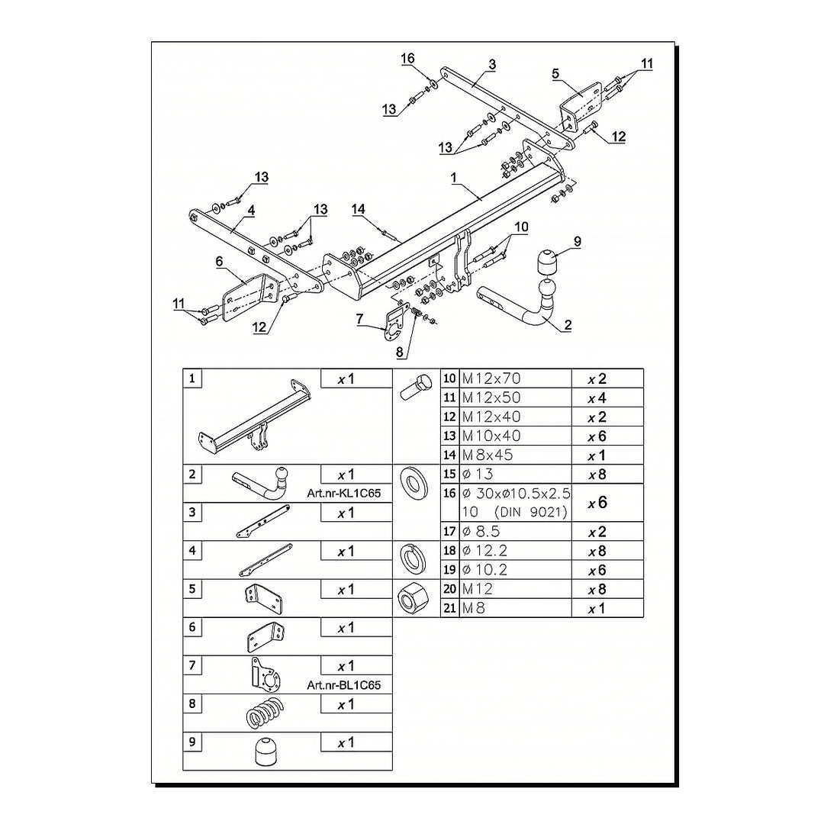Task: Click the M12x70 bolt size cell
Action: [x=491, y=378]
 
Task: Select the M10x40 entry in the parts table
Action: [x=491, y=436]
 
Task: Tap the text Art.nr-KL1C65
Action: [x=343, y=494]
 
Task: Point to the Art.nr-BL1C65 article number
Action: [x=343, y=684]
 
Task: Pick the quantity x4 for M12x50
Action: [x=597, y=398]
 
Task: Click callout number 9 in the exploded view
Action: [x=578, y=242]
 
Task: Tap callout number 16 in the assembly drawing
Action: [x=407, y=58]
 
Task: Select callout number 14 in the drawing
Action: [x=358, y=209]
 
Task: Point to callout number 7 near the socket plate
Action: [x=359, y=318]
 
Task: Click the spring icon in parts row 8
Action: [x=266, y=713]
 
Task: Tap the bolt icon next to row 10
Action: [x=414, y=386]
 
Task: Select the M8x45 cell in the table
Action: [x=487, y=455]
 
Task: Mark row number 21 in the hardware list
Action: [x=449, y=608]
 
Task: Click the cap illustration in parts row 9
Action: [x=266, y=752]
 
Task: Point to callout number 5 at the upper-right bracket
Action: [x=556, y=73]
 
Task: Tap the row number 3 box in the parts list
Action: [x=192, y=512]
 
